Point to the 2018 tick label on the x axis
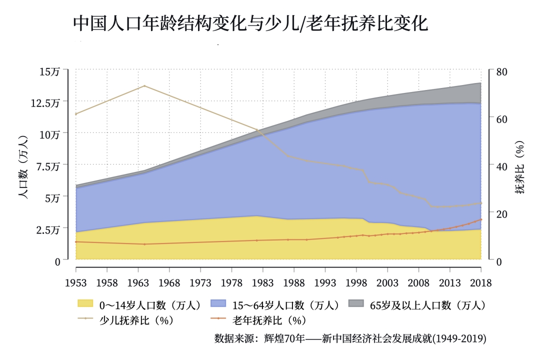pos(481,283)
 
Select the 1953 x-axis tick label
pos(76,283)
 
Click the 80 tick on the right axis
pos(501,71)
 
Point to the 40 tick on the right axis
pos(501,166)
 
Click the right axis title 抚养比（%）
pos(520,167)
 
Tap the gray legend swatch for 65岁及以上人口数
pos(355,304)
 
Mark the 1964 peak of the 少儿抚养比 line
pos(144,86)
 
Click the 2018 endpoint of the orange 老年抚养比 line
pos(481,219)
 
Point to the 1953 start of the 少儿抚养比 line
pos(76,114)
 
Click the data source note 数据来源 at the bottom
pos(350,338)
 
